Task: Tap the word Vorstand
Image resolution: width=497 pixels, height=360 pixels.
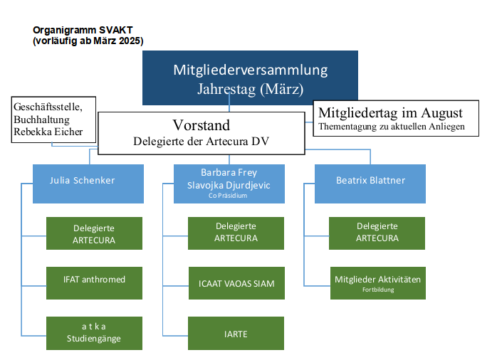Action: pyautogui.click(x=202, y=125)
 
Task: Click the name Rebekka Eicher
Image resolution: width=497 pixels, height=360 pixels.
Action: pyautogui.click(x=48, y=132)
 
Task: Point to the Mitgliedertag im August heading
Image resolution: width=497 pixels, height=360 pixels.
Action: pyautogui.click(x=390, y=112)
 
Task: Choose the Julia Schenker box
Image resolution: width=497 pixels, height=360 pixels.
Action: pyautogui.click(x=88, y=183)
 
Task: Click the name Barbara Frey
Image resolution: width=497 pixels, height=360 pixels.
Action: pyautogui.click(x=229, y=173)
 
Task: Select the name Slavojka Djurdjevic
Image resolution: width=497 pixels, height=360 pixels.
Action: pyautogui.click(x=229, y=184)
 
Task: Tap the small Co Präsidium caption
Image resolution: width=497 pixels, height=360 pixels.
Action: pyautogui.click(x=229, y=194)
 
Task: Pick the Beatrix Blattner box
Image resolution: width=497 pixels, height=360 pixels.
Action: pyautogui.click(x=370, y=183)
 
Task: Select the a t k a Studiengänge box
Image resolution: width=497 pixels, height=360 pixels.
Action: pyautogui.click(x=93, y=332)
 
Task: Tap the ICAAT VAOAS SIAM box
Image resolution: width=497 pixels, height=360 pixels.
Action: pyautogui.click(x=236, y=283)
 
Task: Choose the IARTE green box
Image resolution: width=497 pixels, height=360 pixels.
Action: pyautogui.click(x=236, y=332)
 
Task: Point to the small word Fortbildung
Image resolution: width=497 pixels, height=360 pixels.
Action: pyautogui.click(x=377, y=290)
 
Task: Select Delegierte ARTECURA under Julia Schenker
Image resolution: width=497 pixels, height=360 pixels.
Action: pyautogui.click(x=93, y=233)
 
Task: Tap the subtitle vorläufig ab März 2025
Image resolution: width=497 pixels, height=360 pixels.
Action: pyautogui.click(x=88, y=41)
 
